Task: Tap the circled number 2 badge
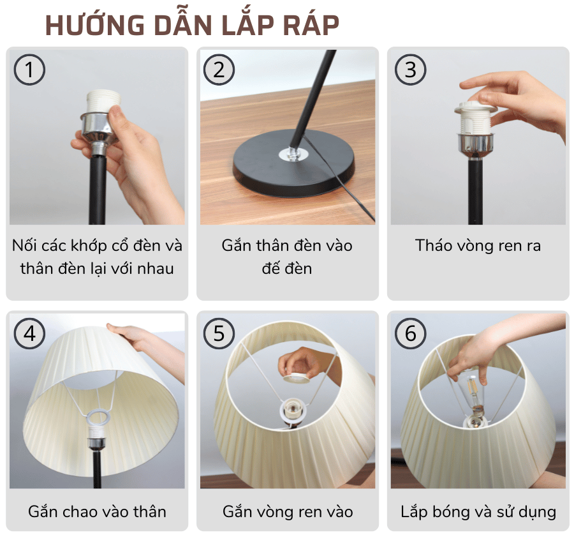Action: (219, 70)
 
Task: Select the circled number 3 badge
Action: (410, 70)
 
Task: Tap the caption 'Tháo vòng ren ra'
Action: (478, 246)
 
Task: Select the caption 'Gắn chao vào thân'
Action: (97, 511)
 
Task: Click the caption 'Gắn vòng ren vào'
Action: (288, 511)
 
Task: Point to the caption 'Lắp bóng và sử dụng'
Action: (478, 511)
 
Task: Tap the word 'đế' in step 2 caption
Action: (270, 268)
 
